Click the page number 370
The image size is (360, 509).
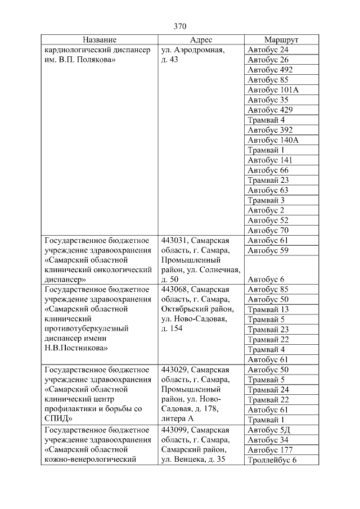point(180,26)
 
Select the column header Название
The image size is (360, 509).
point(100,40)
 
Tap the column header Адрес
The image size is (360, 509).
point(201,40)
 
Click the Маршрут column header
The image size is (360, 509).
point(281,40)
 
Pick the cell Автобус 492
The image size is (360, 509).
point(270,70)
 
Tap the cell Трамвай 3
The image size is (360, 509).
point(266,200)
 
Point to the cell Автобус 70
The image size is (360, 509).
point(268,230)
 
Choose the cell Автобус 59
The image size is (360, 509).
point(268,250)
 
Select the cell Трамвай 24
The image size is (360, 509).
point(268,390)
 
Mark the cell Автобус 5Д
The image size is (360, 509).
point(268,430)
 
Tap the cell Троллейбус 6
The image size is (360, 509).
point(272,460)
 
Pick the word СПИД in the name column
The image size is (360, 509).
point(56,420)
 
